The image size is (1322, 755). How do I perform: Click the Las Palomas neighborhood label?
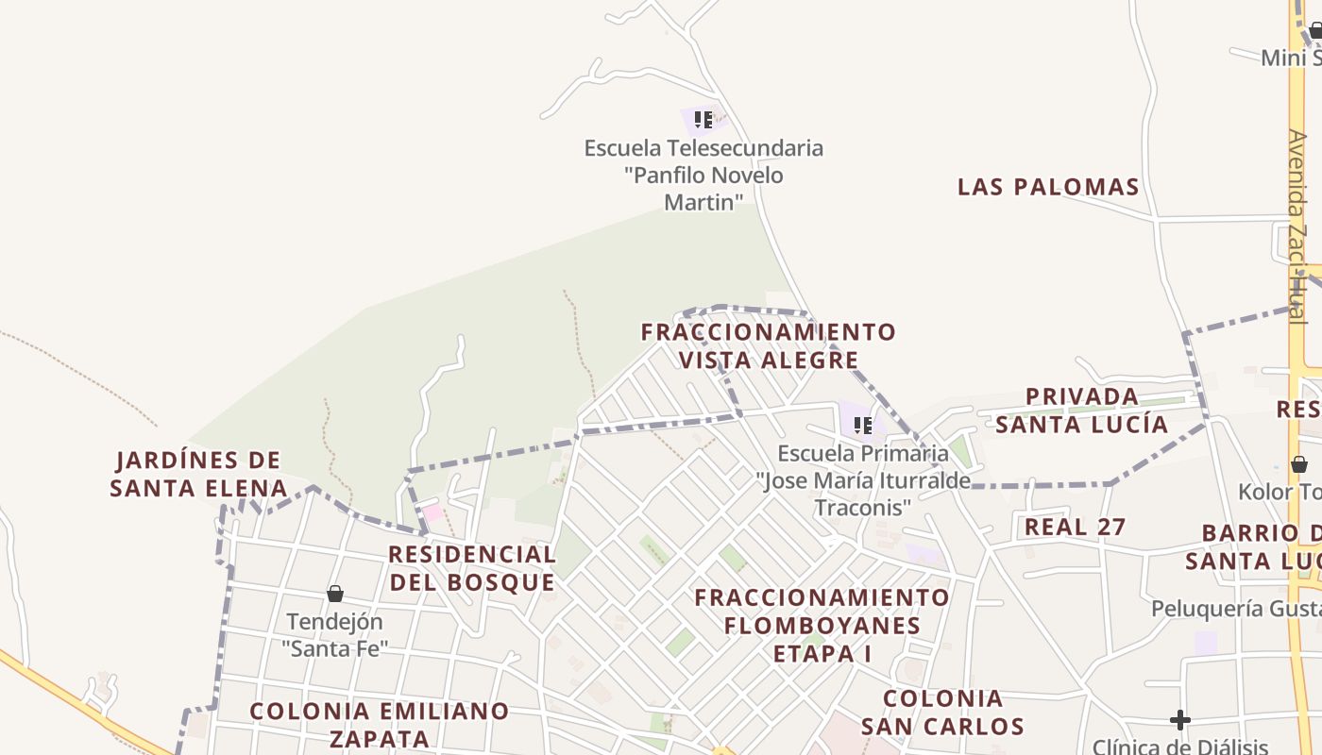[1048, 187]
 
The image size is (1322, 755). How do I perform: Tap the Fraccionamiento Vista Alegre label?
[768, 346]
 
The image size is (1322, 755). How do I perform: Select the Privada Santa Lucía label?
[1082, 411]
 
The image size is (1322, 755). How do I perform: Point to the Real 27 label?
[1076, 527]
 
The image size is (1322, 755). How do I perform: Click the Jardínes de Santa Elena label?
[198, 474]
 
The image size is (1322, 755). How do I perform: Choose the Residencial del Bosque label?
[472, 568]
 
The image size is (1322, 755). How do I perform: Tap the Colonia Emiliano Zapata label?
[379, 724]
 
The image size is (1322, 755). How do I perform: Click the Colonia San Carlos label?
[942, 713]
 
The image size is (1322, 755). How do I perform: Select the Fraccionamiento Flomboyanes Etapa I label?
[822, 625]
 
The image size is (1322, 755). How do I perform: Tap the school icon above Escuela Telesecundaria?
[703, 120]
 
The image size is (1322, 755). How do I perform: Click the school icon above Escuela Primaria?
[862, 426]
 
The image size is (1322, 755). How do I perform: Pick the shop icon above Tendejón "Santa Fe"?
[334, 594]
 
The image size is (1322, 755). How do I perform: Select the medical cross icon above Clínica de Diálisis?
[1179, 720]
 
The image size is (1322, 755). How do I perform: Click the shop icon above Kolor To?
[1299, 464]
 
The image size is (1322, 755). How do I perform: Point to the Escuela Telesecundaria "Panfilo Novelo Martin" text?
[703, 175]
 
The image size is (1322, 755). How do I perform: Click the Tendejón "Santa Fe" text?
[335, 635]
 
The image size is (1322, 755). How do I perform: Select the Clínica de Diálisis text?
[1180, 747]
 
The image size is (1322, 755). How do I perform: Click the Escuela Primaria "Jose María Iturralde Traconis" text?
[862, 480]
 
